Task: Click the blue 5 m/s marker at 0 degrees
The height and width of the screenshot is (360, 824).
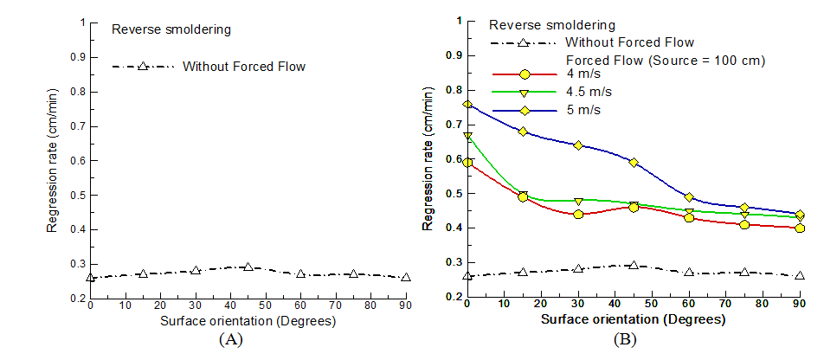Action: (467, 105)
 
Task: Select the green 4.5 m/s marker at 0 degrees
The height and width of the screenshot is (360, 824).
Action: (467, 136)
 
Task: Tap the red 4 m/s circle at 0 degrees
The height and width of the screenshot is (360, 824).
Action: (467, 162)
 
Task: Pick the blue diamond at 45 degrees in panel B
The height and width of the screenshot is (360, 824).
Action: (634, 163)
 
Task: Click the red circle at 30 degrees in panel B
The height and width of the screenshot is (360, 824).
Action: (578, 214)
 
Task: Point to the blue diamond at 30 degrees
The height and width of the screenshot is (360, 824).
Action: (578, 145)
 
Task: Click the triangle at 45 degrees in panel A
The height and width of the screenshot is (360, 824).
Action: (248, 267)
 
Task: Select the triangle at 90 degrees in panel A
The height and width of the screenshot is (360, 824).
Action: (406, 277)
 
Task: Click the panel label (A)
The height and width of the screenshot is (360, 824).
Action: (230, 340)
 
